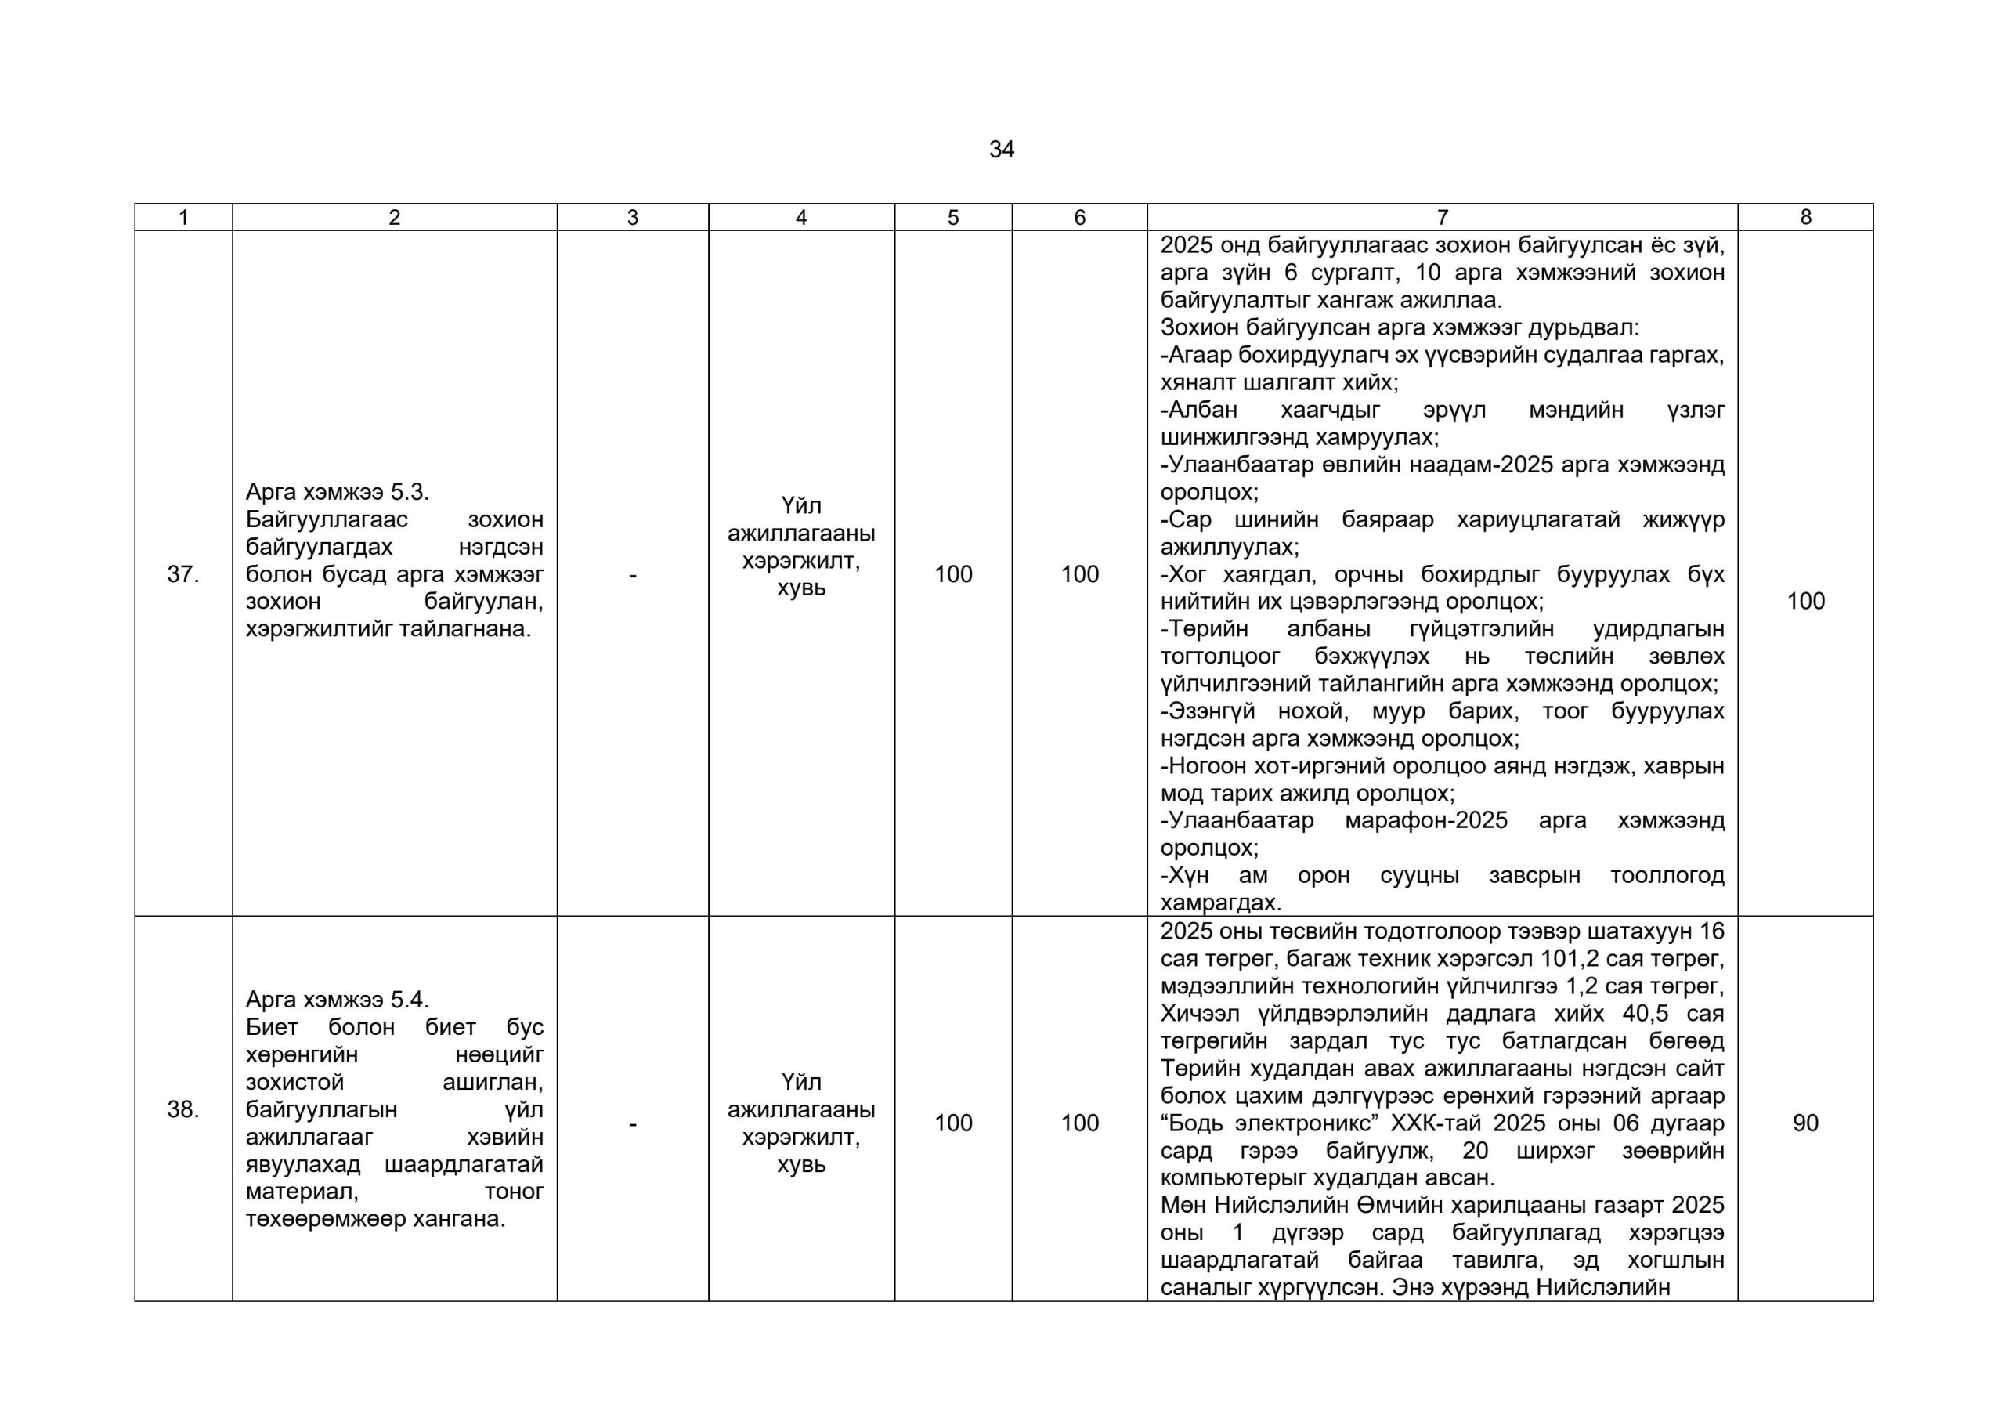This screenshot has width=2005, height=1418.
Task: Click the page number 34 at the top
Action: [x=1002, y=150]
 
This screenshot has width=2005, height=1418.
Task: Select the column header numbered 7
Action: [x=1442, y=218]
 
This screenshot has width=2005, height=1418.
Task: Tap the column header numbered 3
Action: [x=632, y=218]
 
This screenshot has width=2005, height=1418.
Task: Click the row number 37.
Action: [x=182, y=574]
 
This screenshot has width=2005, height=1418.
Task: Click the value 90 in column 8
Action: [x=1805, y=1123]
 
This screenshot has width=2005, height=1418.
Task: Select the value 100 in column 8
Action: [x=1805, y=601]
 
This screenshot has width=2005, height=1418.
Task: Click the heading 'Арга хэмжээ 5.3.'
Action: [x=337, y=492]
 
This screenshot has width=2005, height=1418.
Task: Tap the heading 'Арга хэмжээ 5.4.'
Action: [x=337, y=1000]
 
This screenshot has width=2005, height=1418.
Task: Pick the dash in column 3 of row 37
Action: [x=632, y=575]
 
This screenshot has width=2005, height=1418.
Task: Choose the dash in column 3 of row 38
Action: [x=632, y=1123]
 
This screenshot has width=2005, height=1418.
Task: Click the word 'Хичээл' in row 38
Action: [x=1201, y=1014]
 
